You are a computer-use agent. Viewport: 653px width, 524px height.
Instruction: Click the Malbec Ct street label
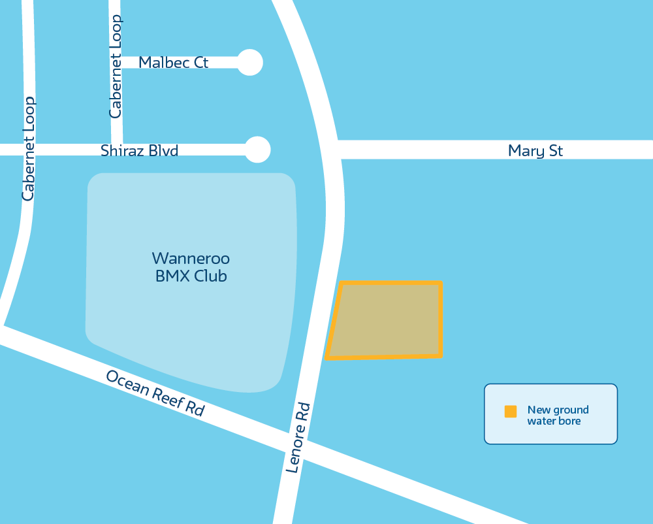click(173, 63)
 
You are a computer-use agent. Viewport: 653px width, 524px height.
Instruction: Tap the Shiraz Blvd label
click(139, 151)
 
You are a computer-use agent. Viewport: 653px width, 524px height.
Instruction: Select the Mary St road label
click(535, 151)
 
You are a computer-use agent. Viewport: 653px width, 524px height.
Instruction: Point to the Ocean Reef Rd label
click(155, 393)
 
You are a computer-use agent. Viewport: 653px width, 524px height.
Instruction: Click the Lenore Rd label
click(298, 437)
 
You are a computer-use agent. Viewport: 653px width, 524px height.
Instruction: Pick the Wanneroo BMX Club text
click(191, 267)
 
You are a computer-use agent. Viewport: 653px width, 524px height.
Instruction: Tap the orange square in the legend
click(511, 412)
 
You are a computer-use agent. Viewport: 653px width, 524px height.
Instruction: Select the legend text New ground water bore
click(558, 416)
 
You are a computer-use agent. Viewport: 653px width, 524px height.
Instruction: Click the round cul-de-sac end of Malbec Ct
click(249, 63)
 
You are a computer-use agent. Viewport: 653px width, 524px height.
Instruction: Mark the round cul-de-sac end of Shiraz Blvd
click(257, 150)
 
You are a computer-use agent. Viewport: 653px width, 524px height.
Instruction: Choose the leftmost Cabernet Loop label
click(28, 149)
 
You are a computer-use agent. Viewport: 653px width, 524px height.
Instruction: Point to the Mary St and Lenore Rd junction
click(334, 150)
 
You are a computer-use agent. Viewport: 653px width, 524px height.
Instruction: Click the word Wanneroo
click(191, 257)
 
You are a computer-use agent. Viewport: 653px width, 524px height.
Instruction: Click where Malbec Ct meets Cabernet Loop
click(118, 63)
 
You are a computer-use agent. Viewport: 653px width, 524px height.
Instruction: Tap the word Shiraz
click(122, 151)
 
